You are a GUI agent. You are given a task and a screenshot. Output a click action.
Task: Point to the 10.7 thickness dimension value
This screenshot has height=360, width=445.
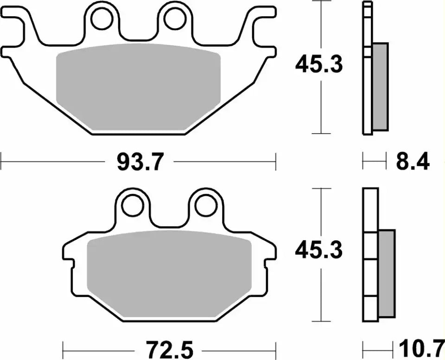418,347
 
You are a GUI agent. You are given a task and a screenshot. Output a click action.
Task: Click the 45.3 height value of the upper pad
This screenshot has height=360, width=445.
319,65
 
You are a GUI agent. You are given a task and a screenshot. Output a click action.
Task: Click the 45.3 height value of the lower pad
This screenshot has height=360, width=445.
319,251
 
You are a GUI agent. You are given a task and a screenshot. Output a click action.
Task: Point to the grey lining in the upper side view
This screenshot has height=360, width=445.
380,86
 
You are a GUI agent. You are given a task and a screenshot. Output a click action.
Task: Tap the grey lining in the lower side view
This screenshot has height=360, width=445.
387,274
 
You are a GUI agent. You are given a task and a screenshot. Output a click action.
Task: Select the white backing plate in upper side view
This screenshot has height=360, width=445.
368,70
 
